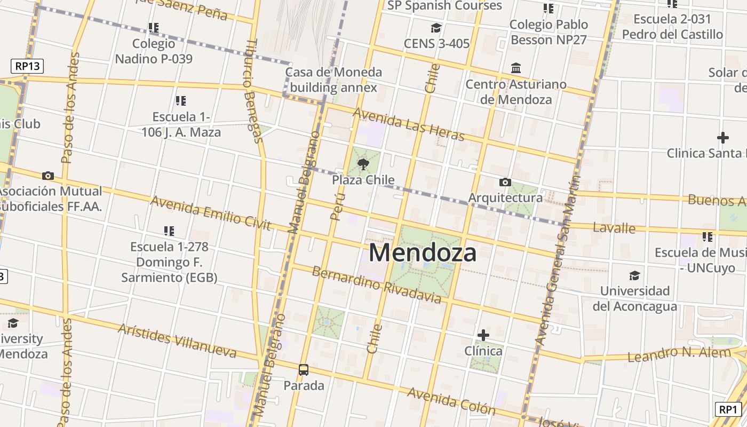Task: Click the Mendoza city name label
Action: tap(423, 252)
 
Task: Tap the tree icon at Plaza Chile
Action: tap(363, 164)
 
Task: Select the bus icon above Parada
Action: tap(304, 369)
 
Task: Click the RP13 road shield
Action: tap(27, 66)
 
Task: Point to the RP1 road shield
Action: tap(728, 409)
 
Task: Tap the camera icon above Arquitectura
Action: tap(505, 183)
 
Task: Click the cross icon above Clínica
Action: tap(483, 335)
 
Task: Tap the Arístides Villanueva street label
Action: tap(177, 340)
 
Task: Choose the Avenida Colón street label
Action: tap(451, 401)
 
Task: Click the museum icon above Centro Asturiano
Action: tap(516, 68)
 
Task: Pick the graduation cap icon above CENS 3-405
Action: tap(436, 28)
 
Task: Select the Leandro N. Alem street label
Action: tap(679, 353)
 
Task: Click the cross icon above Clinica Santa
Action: tap(723, 138)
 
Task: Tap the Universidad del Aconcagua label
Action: tap(634, 298)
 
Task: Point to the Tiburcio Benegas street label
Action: tap(256, 91)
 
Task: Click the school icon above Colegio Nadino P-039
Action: tap(154, 27)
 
